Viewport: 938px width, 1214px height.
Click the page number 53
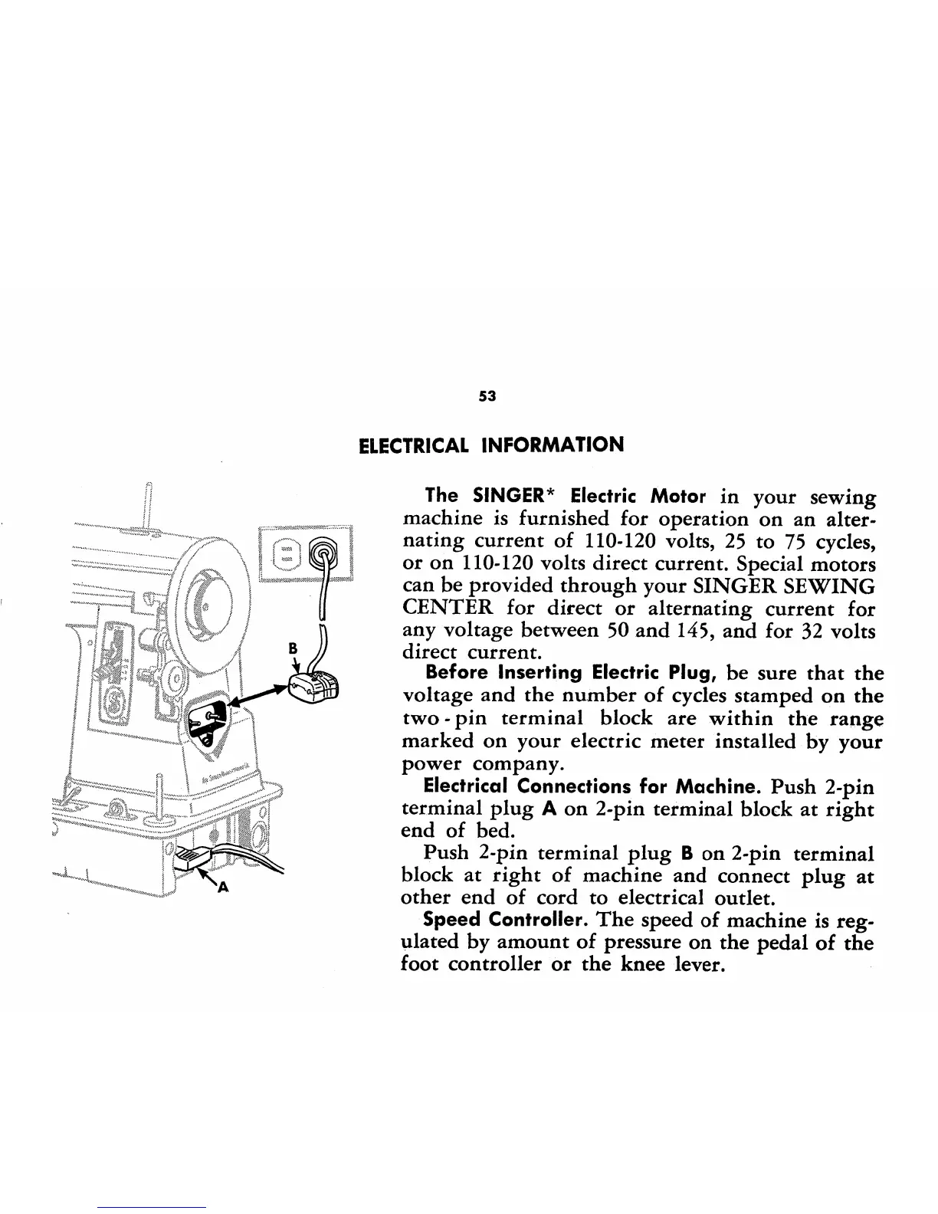click(x=487, y=396)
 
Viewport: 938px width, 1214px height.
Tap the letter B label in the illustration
click(x=291, y=648)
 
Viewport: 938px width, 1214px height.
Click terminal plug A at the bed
click(x=191, y=860)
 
